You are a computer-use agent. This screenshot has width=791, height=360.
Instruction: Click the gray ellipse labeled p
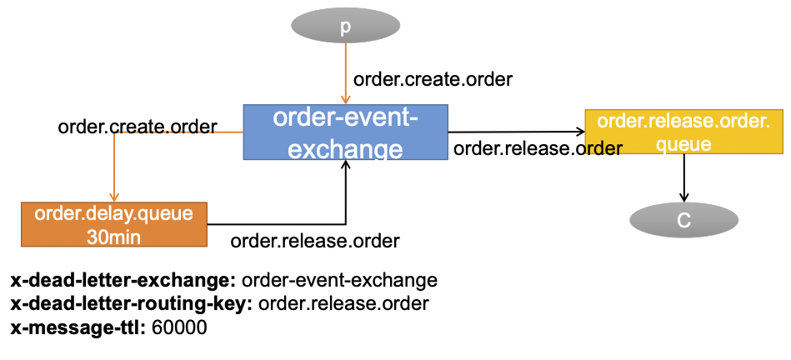click(345, 27)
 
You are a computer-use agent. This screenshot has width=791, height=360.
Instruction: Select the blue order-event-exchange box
click(345, 132)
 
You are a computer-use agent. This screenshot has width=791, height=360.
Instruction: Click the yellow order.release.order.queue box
click(683, 132)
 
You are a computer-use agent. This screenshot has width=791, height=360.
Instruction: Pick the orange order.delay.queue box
click(113, 224)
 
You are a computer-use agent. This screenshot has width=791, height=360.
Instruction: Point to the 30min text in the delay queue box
click(113, 235)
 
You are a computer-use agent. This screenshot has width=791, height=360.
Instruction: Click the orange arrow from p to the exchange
click(345, 75)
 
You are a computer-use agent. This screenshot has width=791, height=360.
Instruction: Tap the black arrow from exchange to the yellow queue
click(517, 132)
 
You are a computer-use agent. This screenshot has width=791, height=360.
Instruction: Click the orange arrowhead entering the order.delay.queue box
click(113, 197)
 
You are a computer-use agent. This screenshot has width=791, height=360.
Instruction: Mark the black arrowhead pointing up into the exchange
click(345, 166)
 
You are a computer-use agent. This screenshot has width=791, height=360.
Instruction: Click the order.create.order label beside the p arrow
click(433, 80)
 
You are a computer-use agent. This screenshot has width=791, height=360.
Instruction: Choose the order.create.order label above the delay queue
click(138, 127)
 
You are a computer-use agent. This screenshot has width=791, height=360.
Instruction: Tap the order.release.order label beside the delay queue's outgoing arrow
click(315, 242)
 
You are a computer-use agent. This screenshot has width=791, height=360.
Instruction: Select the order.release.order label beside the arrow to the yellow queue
click(538, 149)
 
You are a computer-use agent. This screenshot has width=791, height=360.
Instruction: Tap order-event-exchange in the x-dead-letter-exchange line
click(339, 280)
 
